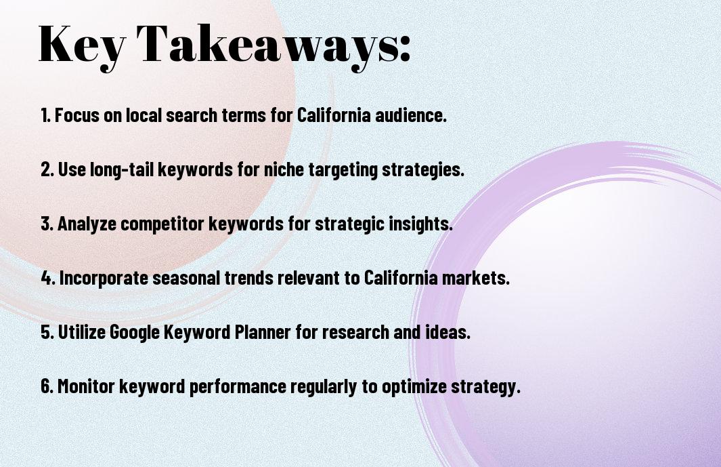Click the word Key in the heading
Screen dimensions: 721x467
(x=81, y=45)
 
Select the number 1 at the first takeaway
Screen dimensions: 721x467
(x=45, y=115)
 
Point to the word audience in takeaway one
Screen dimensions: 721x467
(x=411, y=115)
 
